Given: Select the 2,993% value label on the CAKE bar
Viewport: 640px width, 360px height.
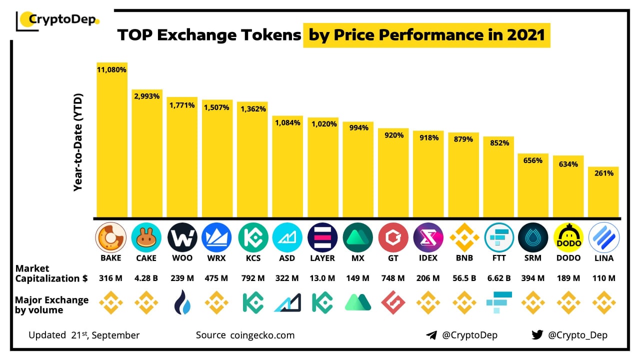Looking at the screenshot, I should point(147,96).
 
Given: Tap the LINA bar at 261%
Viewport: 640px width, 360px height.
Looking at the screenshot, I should point(603,192).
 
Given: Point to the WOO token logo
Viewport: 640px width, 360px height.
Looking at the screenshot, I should point(182,237).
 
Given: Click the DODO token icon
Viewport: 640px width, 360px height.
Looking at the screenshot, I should point(568,237).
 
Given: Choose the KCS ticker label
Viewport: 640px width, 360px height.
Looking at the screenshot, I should point(252,258).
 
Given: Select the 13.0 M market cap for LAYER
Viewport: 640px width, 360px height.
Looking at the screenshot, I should point(322,278).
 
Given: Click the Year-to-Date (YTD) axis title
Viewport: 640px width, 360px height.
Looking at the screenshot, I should point(78,142).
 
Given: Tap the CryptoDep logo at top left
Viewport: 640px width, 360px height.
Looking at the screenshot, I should point(58,20).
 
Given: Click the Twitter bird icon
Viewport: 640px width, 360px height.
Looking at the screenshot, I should point(537,335).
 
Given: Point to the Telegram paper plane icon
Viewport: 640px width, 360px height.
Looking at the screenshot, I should point(431,335).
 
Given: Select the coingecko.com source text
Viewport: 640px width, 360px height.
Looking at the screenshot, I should point(262,335).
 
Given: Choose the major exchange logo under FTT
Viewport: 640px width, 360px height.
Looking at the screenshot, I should point(498,302).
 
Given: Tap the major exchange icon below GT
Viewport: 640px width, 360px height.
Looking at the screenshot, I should point(393,302).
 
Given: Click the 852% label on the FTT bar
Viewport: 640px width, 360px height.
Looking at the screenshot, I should point(499,143).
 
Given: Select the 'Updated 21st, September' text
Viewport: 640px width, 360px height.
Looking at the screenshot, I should point(84,335).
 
